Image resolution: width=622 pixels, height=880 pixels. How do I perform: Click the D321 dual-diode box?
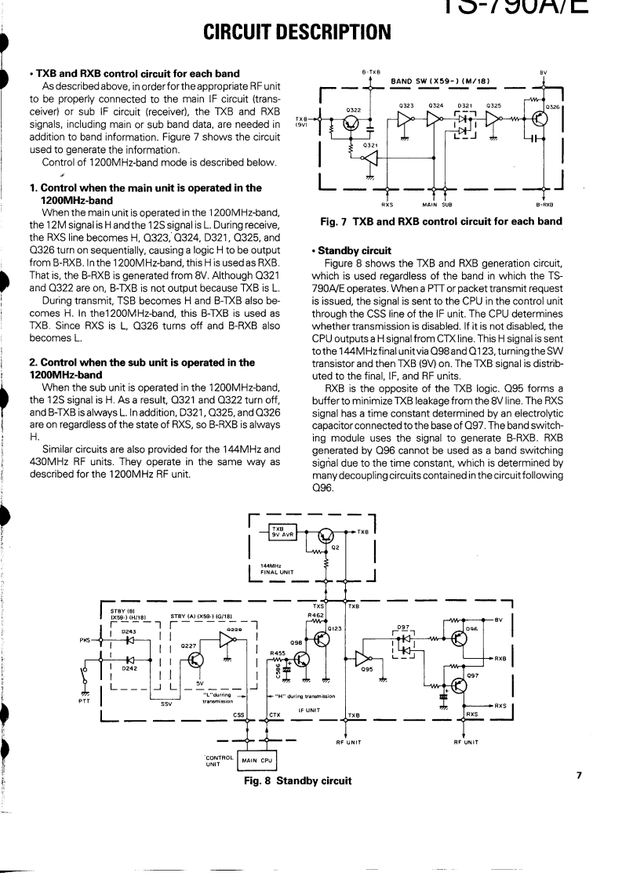coord(467,122)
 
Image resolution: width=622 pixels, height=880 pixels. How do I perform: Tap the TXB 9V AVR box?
coord(278,533)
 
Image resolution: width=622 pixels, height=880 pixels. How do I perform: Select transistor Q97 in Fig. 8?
coord(460,685)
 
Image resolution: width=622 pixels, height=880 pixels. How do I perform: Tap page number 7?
coord(579,775)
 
